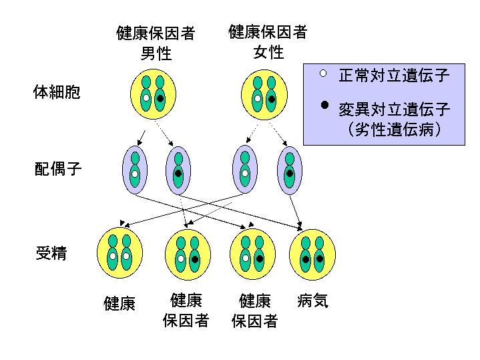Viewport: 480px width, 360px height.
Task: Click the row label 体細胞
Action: point(57,93)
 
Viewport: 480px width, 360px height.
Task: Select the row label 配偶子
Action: point(58,169)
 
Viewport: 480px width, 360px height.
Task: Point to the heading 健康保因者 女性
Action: point(268,41)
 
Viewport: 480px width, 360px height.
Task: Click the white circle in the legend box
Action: point(323,73)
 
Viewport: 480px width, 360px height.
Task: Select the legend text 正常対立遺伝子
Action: point(394,75)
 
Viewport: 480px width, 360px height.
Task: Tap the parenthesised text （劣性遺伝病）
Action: point(394,128)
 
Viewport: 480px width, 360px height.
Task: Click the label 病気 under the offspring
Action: point(312,301)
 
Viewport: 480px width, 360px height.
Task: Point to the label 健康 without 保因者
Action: point(119,304)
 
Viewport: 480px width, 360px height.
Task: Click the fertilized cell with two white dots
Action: point(119,254)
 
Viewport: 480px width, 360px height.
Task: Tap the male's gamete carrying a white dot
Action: point(135,170)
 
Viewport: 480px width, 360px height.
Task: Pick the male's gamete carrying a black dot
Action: point(178,170)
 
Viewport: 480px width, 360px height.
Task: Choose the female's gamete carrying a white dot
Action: point(245,170)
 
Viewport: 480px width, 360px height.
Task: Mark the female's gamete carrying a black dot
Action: point(289,170)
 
